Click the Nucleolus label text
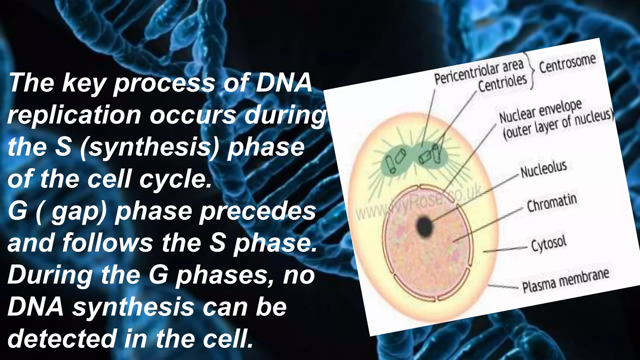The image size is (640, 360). coord(543,169)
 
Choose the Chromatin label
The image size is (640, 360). coord(552,203)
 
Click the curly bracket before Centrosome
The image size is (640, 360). coord(532,70)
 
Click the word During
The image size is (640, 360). coord(50,275)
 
